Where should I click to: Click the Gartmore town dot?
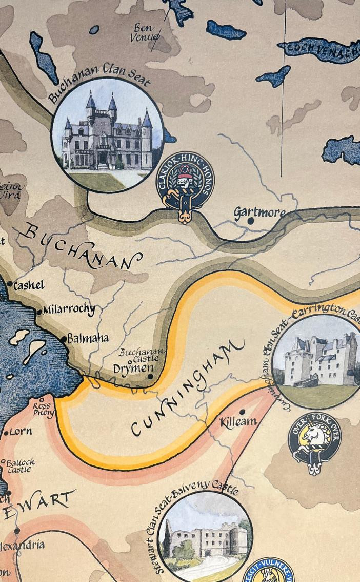[x=251, y=221]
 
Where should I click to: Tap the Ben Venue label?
[x=145, y=32]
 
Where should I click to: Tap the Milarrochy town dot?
[x=39, y=312]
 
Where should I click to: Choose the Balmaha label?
[x=88, y=338]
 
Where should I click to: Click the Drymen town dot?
[x=150, y=376]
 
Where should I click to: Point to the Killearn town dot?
[x=242, y=412]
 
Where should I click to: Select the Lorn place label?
[x=21, y=431]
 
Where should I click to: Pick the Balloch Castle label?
[x=21, y=466]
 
